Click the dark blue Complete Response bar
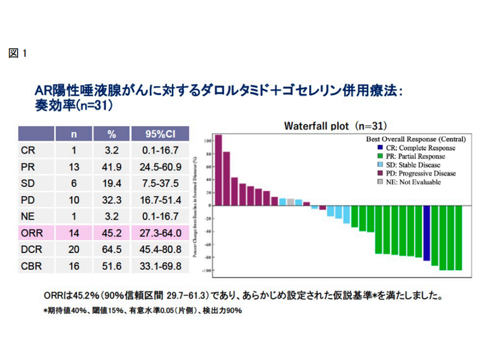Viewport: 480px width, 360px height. pos(426,233)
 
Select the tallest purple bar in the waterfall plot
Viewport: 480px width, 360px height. pos(218,170)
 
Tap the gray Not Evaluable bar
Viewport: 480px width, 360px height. pos(290,202)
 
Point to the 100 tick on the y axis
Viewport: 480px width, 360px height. pos(207,140)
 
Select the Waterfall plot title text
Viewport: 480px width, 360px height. pos(335,125)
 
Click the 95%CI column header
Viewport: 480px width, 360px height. pos(160,134)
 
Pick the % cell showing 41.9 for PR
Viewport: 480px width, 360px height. pos(111,166)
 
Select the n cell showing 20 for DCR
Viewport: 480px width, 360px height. pos(73,249)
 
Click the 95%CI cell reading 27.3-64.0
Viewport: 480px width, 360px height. pos(160,232)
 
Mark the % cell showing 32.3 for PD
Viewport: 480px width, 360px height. pos(111,199)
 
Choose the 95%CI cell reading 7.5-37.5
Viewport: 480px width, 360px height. pos(160,183)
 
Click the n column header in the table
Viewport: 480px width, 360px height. pos(73,134)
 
